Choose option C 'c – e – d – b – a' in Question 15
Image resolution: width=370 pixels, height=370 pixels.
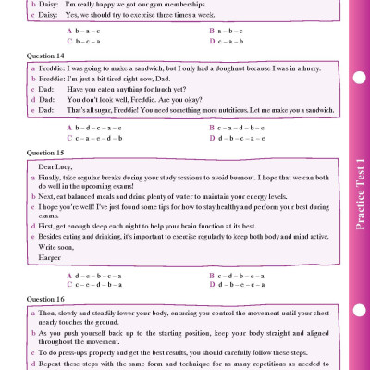coord(97,286)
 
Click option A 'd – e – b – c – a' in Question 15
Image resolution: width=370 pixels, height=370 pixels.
coord(97,276)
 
